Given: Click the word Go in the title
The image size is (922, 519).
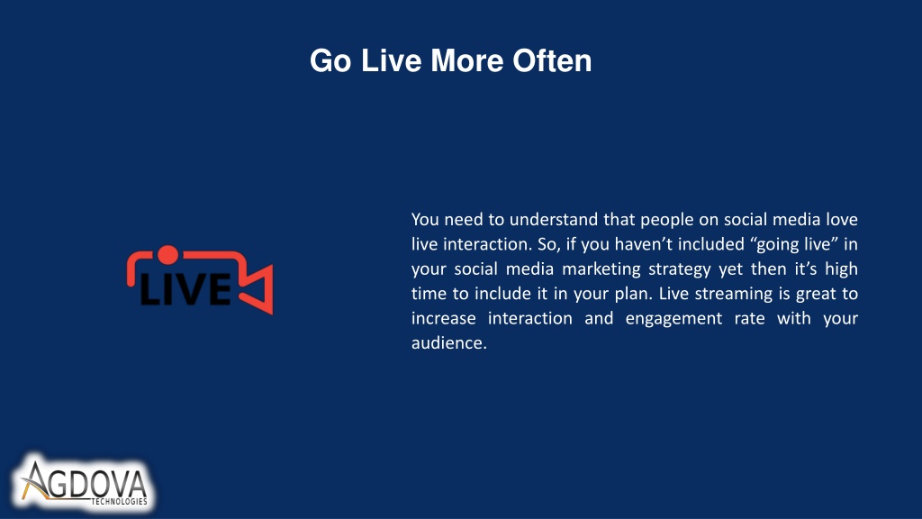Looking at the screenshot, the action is click(x=330, y=60).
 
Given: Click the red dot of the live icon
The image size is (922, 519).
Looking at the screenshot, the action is click(x=168, y=255).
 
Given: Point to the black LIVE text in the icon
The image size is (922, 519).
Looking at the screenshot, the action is click(x=185, y=289).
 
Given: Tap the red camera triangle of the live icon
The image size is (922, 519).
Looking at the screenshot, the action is click(x=258, y=289).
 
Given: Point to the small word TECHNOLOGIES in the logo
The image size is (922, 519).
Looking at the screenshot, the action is click(x=119, y=501).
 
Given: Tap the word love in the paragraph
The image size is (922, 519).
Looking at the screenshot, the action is click(x=842, y=220).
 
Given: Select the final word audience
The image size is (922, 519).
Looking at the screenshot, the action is click(x=449, y=343).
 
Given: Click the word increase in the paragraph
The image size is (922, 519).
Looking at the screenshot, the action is click(x=444, y=318).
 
